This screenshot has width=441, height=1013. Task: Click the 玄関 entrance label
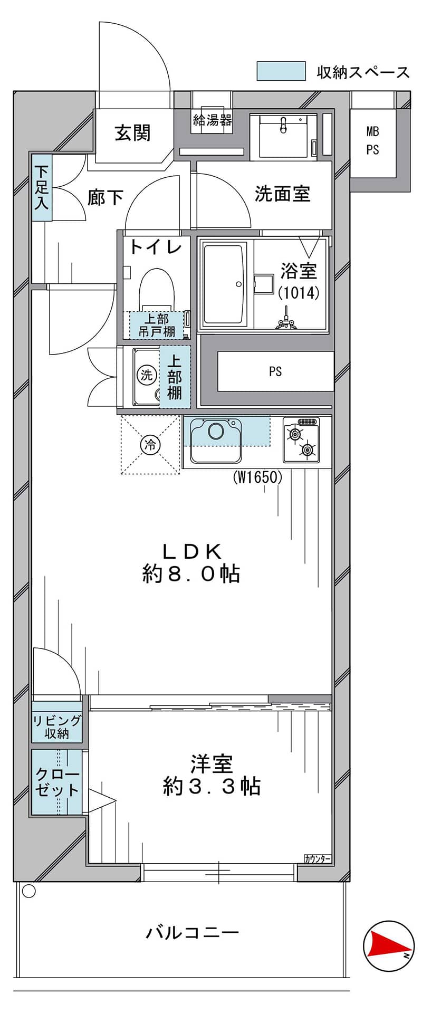(133, 133)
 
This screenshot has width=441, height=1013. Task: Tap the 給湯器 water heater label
(213, 120)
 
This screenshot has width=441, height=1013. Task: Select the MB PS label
(373, 140)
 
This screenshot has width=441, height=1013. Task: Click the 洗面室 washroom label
(282, 194)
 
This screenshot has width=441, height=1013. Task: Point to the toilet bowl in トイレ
(157, 289)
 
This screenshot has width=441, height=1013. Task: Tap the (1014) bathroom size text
(299, 293)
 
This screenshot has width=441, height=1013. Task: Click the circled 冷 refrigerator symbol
(150, 445)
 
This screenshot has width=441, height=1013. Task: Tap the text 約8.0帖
(191, 574)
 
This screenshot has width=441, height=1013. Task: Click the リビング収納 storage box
(57, 722)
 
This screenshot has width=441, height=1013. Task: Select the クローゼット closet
(57, 782)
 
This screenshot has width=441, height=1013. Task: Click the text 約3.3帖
(212, 787)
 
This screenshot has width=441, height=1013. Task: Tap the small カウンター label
(318, 859)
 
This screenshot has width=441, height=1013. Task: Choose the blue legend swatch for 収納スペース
(281, 71)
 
